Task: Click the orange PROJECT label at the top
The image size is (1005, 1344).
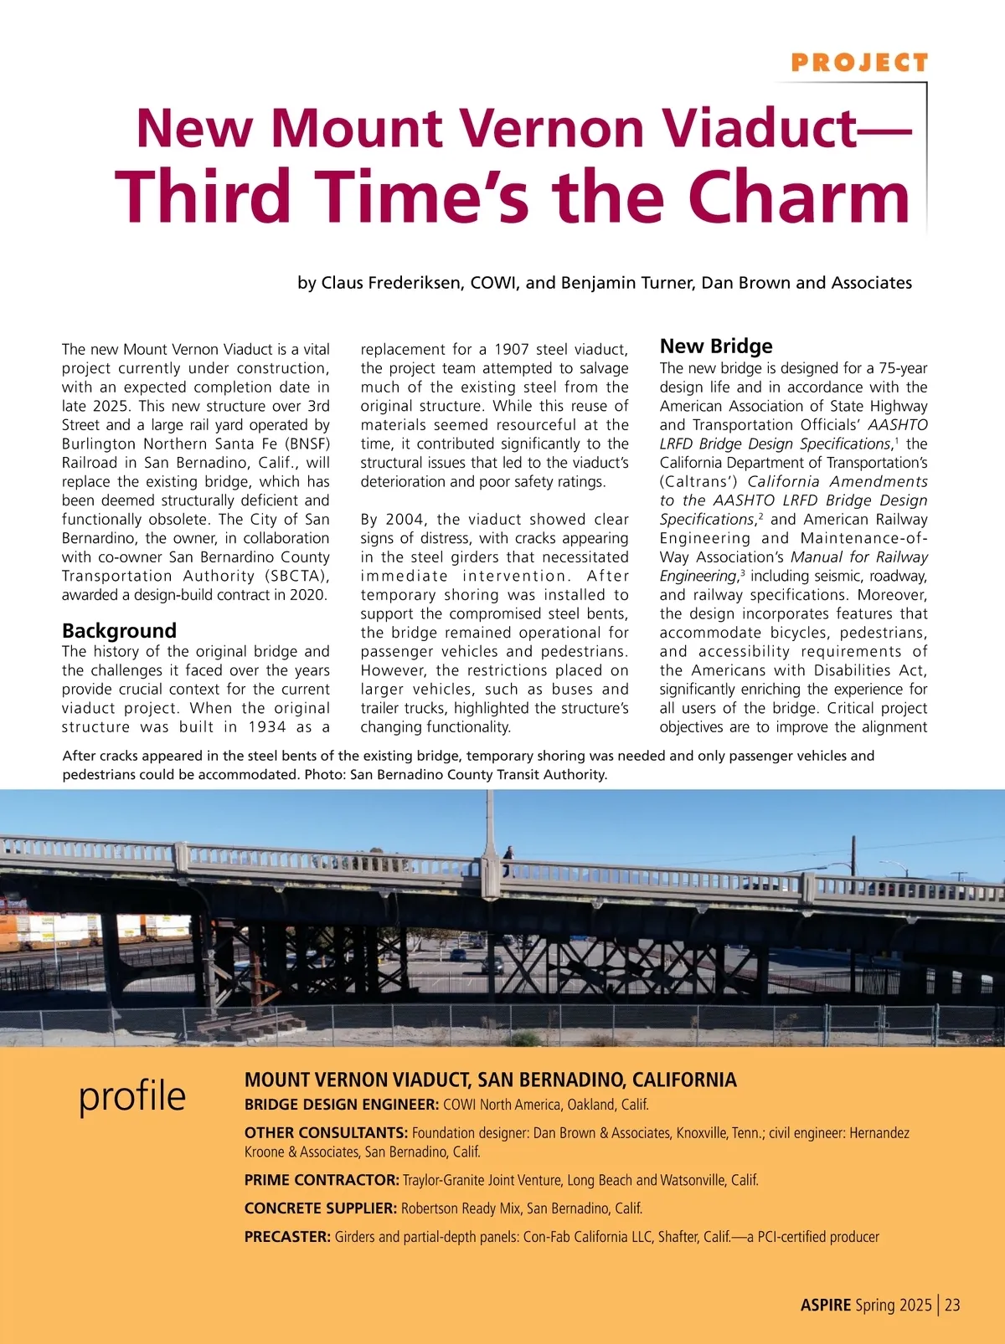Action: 859,63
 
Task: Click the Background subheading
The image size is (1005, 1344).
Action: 119,630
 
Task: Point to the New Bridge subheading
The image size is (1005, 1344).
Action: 716,346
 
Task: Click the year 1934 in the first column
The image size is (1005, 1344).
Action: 267,726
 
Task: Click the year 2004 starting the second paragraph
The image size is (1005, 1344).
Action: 407,520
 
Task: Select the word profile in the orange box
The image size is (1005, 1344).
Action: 132,1095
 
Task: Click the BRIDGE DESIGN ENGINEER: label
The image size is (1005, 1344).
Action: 342,1105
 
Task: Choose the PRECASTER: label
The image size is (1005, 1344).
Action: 287,1237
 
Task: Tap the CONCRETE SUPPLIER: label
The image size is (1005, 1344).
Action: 320,1208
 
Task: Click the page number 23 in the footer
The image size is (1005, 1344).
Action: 952,1305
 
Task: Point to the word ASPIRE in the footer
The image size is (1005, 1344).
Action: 825,1305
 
